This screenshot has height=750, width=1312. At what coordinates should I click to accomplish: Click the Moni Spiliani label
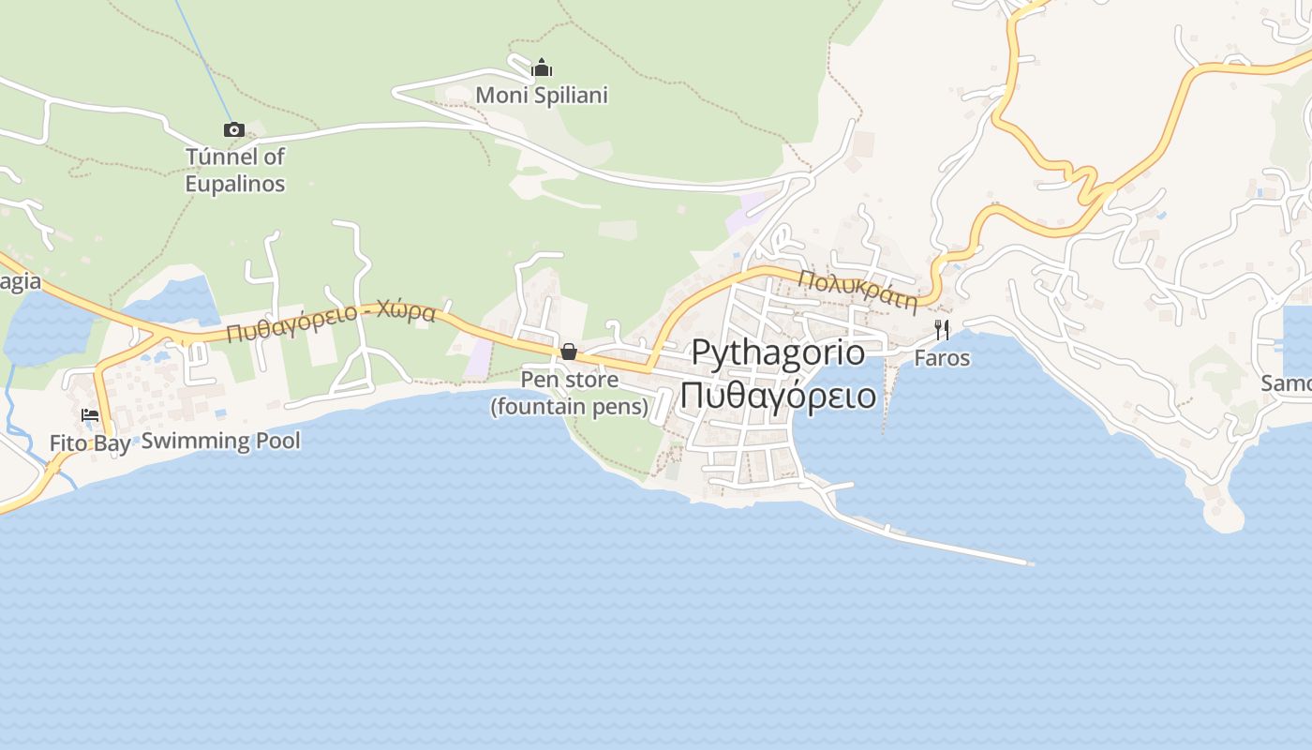(x=542, y=96)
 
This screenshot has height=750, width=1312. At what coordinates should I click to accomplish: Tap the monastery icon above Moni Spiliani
(x=542, y=68)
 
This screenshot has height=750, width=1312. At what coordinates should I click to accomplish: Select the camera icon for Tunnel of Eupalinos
(x=234, y=129)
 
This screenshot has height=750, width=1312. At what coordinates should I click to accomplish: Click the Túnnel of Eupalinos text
(x=235, y=170)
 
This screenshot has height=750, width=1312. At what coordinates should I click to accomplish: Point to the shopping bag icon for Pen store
(x=569, y=352)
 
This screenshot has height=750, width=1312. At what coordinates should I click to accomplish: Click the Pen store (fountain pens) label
(x=569, y=393)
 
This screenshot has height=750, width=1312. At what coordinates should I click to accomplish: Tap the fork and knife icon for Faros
(x=942, y=329)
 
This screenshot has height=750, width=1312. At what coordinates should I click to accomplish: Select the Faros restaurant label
(x=942, y=358)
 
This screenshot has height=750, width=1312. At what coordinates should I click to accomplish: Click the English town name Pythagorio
(x=778, y=352)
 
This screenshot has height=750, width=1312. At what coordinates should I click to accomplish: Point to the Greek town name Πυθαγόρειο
(x=778, y=395)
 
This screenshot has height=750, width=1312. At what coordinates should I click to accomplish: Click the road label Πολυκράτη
(x=857, y=290)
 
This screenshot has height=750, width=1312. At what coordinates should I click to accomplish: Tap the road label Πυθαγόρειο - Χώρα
(x=331, y=322)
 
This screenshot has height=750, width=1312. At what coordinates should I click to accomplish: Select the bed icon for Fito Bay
(x=90, y=414)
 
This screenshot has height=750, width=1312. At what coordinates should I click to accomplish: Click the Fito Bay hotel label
(x=90, y=443)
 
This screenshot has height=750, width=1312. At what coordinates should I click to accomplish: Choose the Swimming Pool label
(x=221, y=441)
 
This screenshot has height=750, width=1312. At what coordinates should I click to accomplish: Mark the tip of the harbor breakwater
(x=1030, y=563)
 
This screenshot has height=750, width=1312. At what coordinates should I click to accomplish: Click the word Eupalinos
(x=235, y=184)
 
